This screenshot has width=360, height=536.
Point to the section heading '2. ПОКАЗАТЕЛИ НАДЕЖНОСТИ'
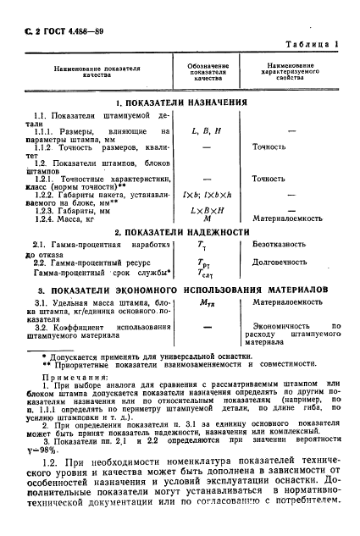[181, 231]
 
